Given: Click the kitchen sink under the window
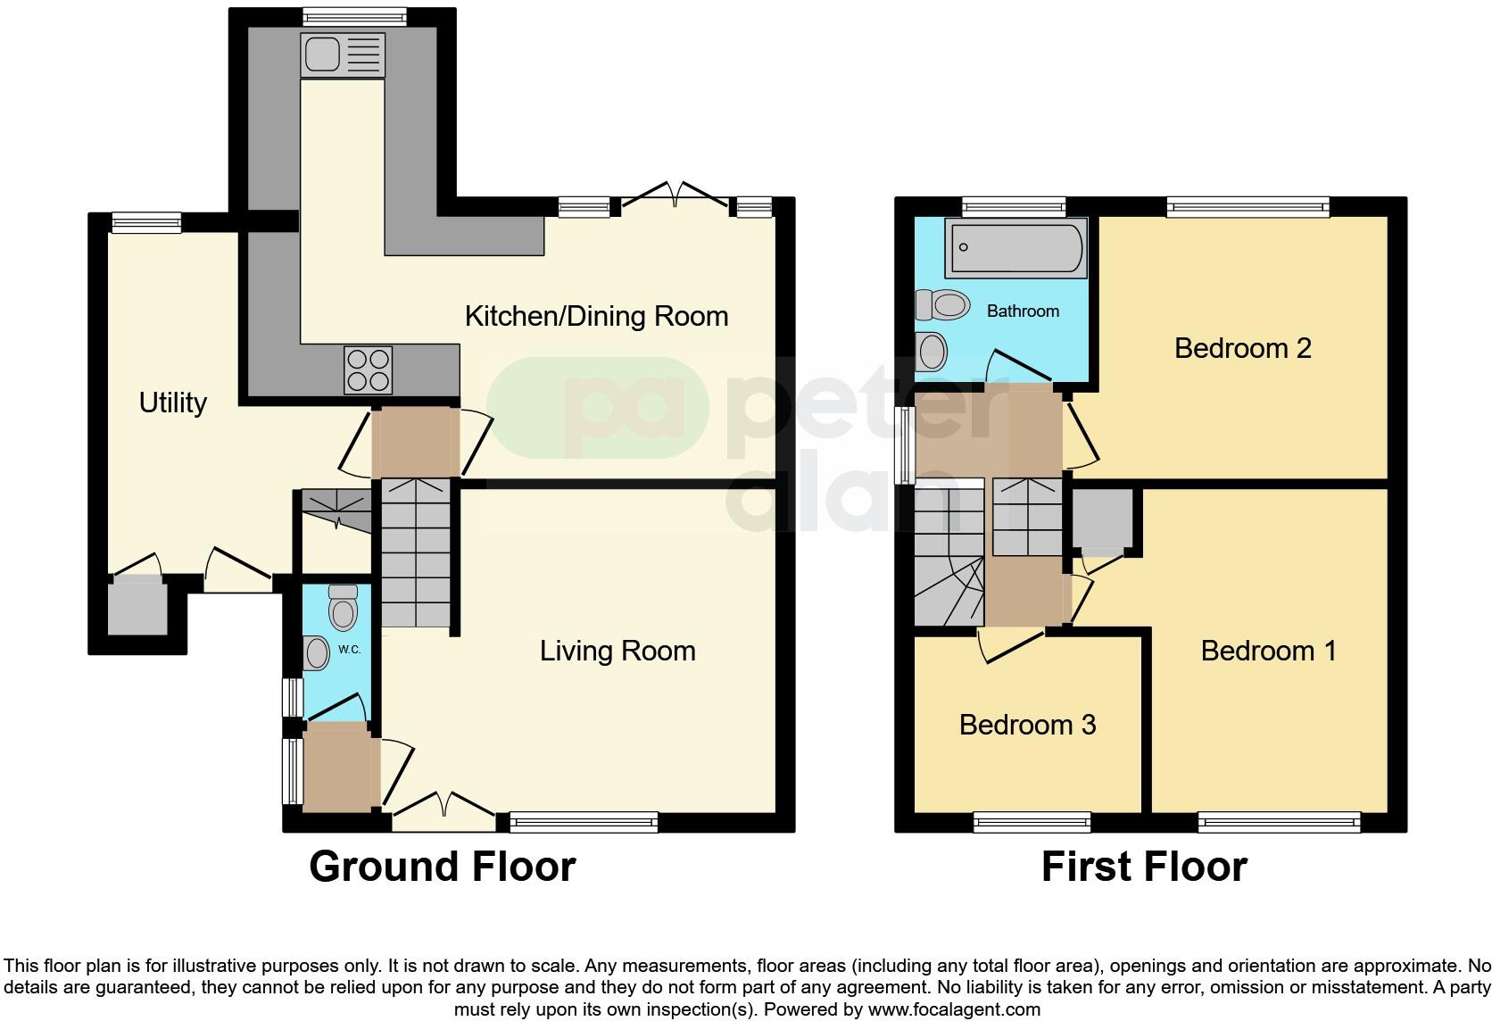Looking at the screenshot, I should [x=343, y=54].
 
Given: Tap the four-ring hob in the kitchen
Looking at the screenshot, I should [x=368, y=369].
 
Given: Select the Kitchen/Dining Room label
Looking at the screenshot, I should [x=596, y=316].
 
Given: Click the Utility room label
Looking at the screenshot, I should [x=172, y=403].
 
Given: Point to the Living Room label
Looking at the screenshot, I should [x=618, y=651].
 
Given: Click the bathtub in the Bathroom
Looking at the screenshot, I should [x=1017, y=247].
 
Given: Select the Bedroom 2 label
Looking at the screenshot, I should [x=1242, y=348].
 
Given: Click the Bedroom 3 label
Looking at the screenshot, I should [x=1027, y=725].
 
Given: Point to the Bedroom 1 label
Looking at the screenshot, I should [x=1268, y=651].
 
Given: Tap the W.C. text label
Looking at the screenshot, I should [x=349, y=650].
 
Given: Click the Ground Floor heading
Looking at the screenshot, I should [x=442, y=867].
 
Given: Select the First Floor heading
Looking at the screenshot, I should [x=1143, y=867].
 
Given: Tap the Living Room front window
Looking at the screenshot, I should [x=583, y=822].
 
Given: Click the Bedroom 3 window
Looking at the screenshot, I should [x=1032, y=822].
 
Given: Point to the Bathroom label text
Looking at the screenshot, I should [x=1023, y=311].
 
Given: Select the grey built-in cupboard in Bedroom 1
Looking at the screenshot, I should [x=1102, y=519].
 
